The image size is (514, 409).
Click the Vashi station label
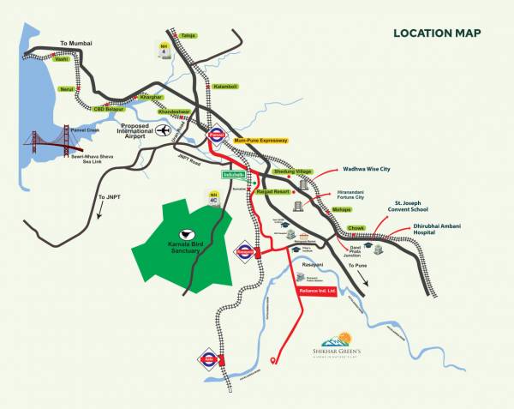coord(61,59)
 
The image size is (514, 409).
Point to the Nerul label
coord(68,88)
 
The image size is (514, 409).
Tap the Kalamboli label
coord(225,87)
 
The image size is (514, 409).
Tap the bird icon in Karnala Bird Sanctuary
coord(184,233)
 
